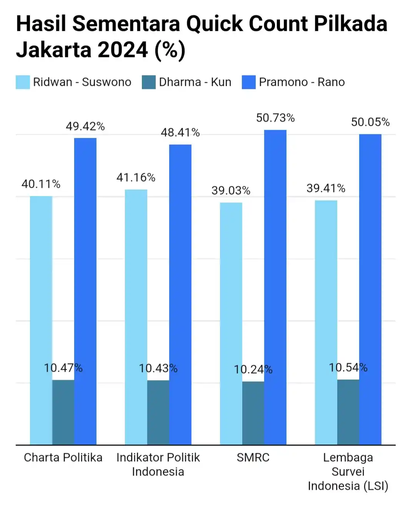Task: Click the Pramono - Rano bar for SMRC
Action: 275,287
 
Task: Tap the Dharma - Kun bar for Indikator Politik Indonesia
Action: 158,412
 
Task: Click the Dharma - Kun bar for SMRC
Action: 253,413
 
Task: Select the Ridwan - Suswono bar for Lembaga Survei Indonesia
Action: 326,322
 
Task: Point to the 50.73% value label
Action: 275,118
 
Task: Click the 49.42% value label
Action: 85,126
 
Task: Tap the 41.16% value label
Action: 136,177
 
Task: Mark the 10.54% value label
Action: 348,367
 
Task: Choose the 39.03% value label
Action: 231,190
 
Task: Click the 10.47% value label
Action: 63,368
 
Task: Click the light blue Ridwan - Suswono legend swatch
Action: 23,82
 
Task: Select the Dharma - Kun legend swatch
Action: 149,82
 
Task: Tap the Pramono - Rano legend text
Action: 301,82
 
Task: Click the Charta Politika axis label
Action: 63,458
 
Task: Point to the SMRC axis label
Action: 253,458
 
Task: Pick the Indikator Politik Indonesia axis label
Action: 158,464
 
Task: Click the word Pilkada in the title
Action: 350,24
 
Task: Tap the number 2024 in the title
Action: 123,50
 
